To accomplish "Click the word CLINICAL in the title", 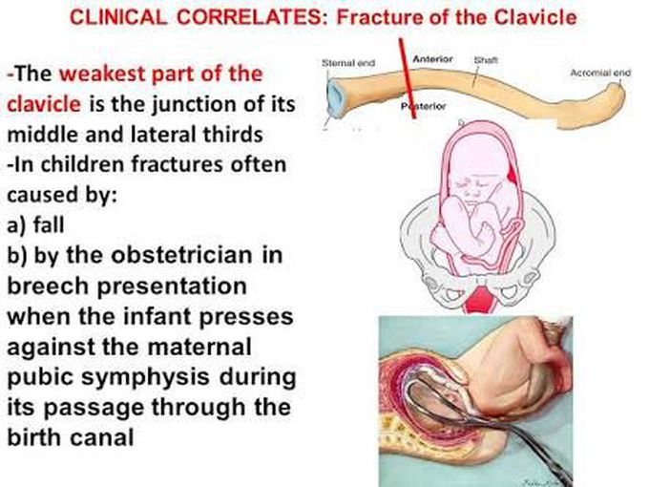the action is tap(118, 17).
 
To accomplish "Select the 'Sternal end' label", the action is tap(348, 63).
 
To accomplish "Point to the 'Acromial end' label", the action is tap(600, 73).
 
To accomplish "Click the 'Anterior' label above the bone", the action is tap(432, 59).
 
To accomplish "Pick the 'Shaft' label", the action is tap(486, 60).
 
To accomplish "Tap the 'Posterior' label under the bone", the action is tap(423, 106).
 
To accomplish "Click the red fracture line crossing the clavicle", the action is tap(408, 78).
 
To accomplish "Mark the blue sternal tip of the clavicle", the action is tap(334, 98).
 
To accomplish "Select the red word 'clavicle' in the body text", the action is tap(44, 104).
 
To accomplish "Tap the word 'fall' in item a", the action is tap(49, 224).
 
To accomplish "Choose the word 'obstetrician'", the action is tap(181, 255).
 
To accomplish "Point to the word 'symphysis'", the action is tap(145, 378).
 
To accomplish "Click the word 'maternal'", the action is tap(199, 347).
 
